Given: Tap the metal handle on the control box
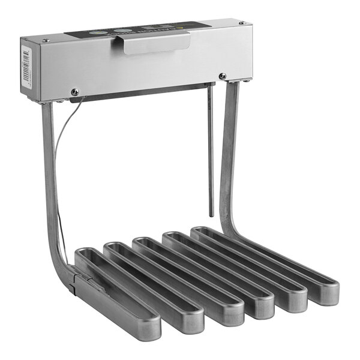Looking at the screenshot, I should pos(155,43).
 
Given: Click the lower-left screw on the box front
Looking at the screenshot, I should pos(74,92).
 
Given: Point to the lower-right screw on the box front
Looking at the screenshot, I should pos(223,76).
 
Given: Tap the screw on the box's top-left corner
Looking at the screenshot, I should pos(46,40).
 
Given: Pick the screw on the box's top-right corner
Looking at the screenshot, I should pos(242,23).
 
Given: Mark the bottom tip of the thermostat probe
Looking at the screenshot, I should pos(211,214).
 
